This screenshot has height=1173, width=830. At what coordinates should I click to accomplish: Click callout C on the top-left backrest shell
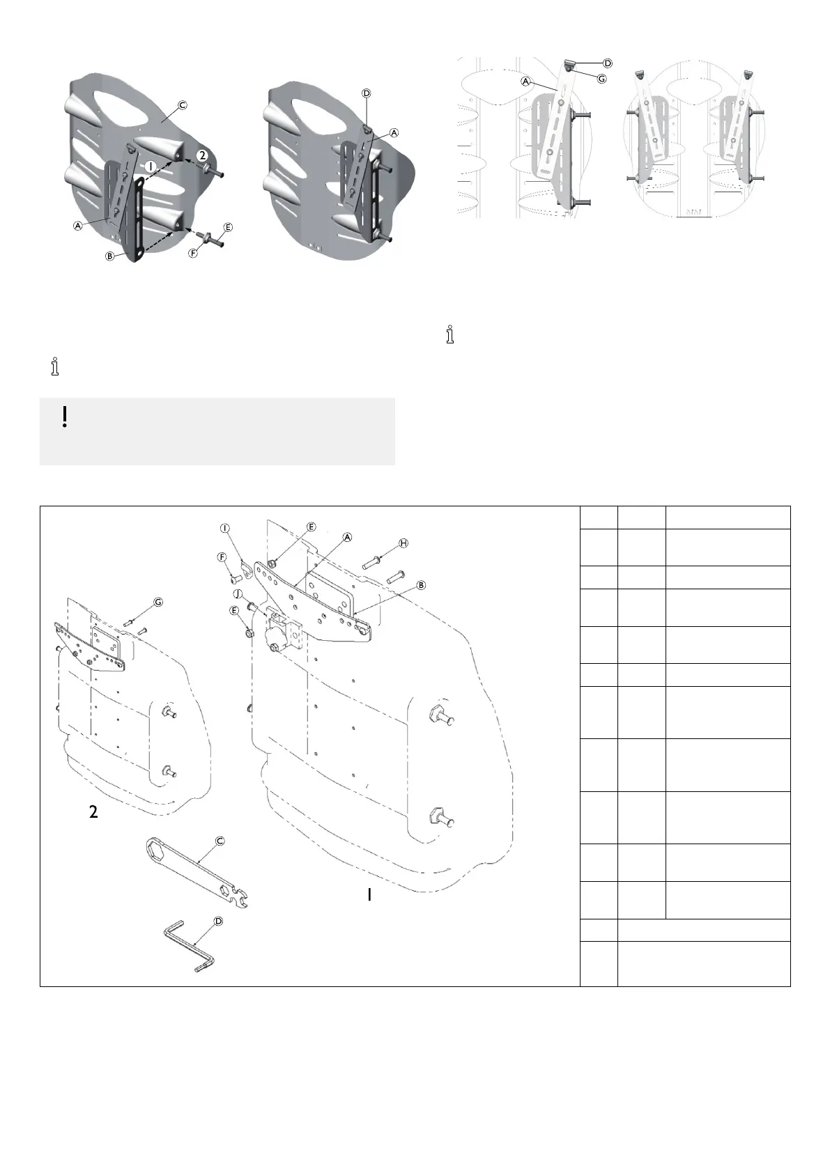point(182,106)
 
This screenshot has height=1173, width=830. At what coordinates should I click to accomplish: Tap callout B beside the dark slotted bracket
point(109,256)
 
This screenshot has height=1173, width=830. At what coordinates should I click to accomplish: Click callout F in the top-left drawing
point(192,254)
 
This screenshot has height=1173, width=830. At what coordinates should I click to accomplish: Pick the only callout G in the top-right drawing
point(601,77)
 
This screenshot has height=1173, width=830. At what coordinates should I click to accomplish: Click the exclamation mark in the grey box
point(64,417)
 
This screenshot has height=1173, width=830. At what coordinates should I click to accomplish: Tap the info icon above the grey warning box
point(55,367)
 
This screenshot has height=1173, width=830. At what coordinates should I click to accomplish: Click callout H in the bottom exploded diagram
point(403,543)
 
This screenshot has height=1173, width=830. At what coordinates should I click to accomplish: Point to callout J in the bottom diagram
point(238,593)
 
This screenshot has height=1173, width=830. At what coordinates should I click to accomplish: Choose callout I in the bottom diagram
point(225,528)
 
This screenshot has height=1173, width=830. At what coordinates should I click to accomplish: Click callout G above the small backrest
point(158,602)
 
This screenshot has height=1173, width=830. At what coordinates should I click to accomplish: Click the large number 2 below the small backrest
point(94,811)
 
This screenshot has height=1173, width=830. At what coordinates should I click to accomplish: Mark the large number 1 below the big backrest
point(369,896)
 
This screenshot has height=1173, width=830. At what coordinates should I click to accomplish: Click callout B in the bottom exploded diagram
point(421,585)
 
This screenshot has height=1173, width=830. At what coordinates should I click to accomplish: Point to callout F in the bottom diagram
point(222,557)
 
